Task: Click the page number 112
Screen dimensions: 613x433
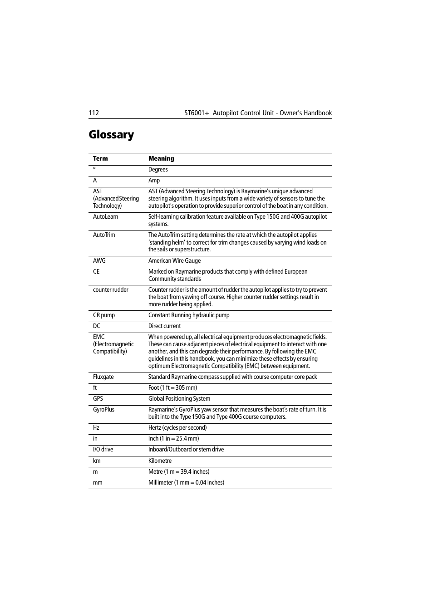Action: (x=93, y=113)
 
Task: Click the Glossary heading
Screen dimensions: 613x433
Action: (x=111, y=135)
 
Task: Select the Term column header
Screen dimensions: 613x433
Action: (x=100, y=159)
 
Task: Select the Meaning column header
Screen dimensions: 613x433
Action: (x=161, y=159)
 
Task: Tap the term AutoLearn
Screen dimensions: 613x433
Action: (x=105, y=217)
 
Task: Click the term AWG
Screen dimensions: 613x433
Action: (x=99, y=261)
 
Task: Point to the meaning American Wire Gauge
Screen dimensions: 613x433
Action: (x=174, y=261)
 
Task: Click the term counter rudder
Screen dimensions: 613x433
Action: (x=110, y=290)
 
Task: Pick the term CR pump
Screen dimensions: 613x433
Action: (x=104, y=315)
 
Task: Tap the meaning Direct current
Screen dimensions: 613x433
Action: (x=164, y=326)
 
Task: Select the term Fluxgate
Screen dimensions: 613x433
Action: (x=103, y=377)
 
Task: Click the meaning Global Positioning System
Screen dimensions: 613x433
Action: (x=179, y=399)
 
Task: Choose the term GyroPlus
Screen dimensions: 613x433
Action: (x=103, y=410)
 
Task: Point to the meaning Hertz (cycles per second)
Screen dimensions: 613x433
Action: (x=177, y=428)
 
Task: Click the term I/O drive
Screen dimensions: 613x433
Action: (x=103, y=450)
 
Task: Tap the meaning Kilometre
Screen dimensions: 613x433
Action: (x=160, y=461)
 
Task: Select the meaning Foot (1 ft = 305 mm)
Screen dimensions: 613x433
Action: (x=172, y=388)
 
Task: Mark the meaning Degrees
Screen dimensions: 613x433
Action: (x=158, y=170)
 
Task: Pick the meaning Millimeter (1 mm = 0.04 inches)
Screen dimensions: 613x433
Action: (x=186, y=483)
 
